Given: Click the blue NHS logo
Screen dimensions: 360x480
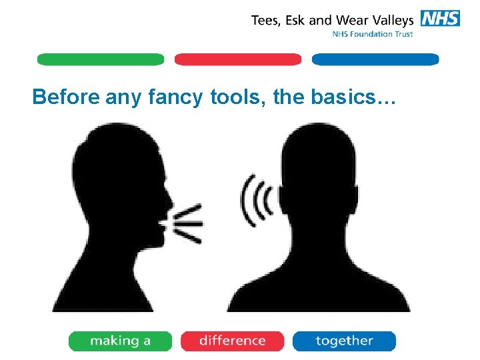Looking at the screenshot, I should pos(440,19).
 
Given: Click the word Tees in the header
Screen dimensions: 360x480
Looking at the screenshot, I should pos(266,20).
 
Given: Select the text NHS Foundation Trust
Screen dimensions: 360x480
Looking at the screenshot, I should pos(373,35).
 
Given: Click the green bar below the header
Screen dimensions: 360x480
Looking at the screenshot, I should pos(100,59).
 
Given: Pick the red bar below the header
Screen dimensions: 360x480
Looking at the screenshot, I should pos(238,59).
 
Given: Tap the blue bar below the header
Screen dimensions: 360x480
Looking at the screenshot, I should pos(375,59).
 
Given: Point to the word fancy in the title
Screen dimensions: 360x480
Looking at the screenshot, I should pos(174,99).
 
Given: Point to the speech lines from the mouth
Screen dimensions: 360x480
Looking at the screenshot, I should pos(189,223).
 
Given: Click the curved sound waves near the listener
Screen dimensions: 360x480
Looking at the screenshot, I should pos(257,200).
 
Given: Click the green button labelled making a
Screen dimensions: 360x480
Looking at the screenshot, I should pos(120,341).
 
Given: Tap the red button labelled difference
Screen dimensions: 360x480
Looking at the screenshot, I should pos(232,341).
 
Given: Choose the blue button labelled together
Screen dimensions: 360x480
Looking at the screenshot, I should pos(344,341).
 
